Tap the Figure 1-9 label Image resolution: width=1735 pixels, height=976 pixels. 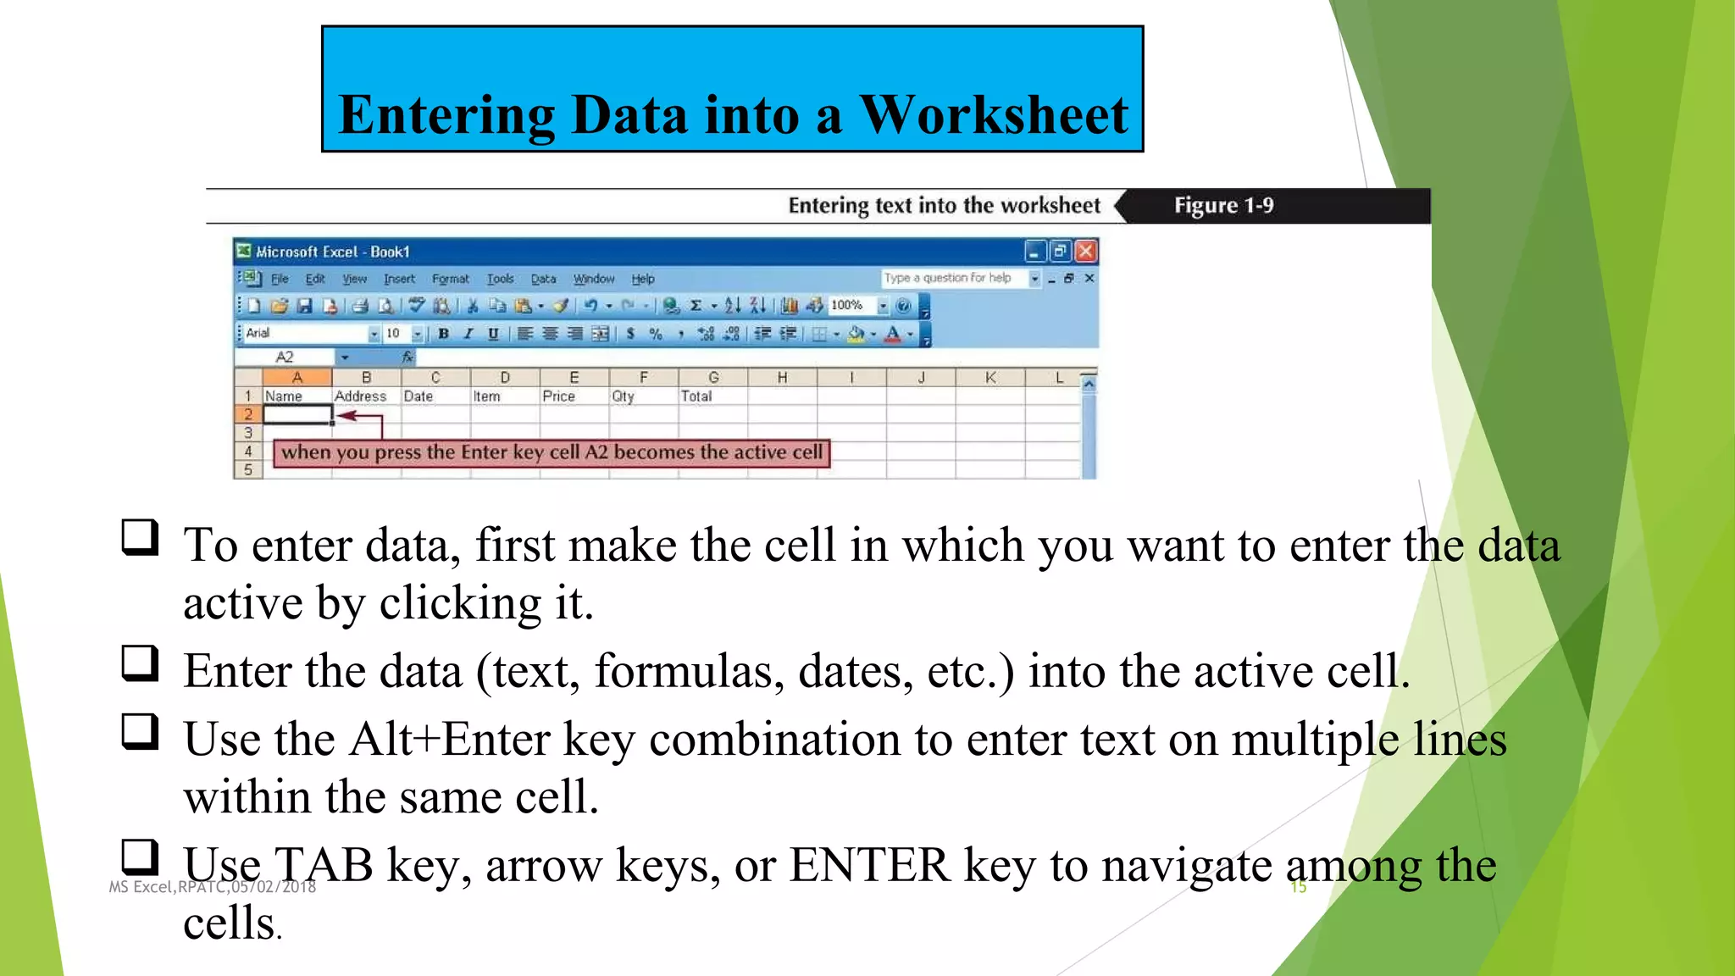point(1223,206)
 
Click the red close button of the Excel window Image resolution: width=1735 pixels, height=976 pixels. point(1086,252)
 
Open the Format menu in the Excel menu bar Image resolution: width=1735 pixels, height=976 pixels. point(450,279)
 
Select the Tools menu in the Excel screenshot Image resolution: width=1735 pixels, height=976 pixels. point(500,279)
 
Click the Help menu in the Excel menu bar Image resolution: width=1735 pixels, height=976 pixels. point(642,279)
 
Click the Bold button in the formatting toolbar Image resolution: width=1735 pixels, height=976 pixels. point(443,334)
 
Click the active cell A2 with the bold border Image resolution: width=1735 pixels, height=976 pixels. point(297,414)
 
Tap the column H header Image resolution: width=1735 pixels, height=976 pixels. point(782,378)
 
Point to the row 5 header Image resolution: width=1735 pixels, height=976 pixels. point(247,469)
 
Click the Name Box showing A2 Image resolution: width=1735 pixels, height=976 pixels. point(288,358)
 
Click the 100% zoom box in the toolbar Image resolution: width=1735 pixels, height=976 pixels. point(848,306)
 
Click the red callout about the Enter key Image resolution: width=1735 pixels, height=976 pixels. point(552,452)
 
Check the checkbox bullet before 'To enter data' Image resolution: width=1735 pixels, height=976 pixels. point(140,537)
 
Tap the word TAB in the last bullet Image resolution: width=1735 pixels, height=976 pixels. point(322,866)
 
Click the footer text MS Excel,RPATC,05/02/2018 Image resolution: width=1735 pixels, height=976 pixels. point(213,887)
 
